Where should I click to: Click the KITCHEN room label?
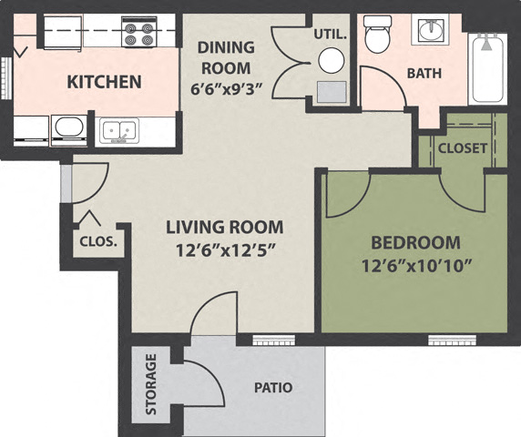pyautogui.click(x=105, y=82)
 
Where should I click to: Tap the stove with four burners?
pyautogui.click(x=139, y=35)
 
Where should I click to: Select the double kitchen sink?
pyautogui.click(x=119, y=130)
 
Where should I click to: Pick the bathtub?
pyautogui.click(x=488, y=68)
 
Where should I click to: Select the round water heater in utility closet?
pyautogui.click(x=332, y=60)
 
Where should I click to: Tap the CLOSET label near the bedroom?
pyautogui.click(x=462, y=147)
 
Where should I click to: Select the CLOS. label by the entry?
pyautogui.click(x=97, y=242)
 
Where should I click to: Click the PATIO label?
pyautogui.click(x=272, y=388)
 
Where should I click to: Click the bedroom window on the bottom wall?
pyautogui.click(x=452, y=340)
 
